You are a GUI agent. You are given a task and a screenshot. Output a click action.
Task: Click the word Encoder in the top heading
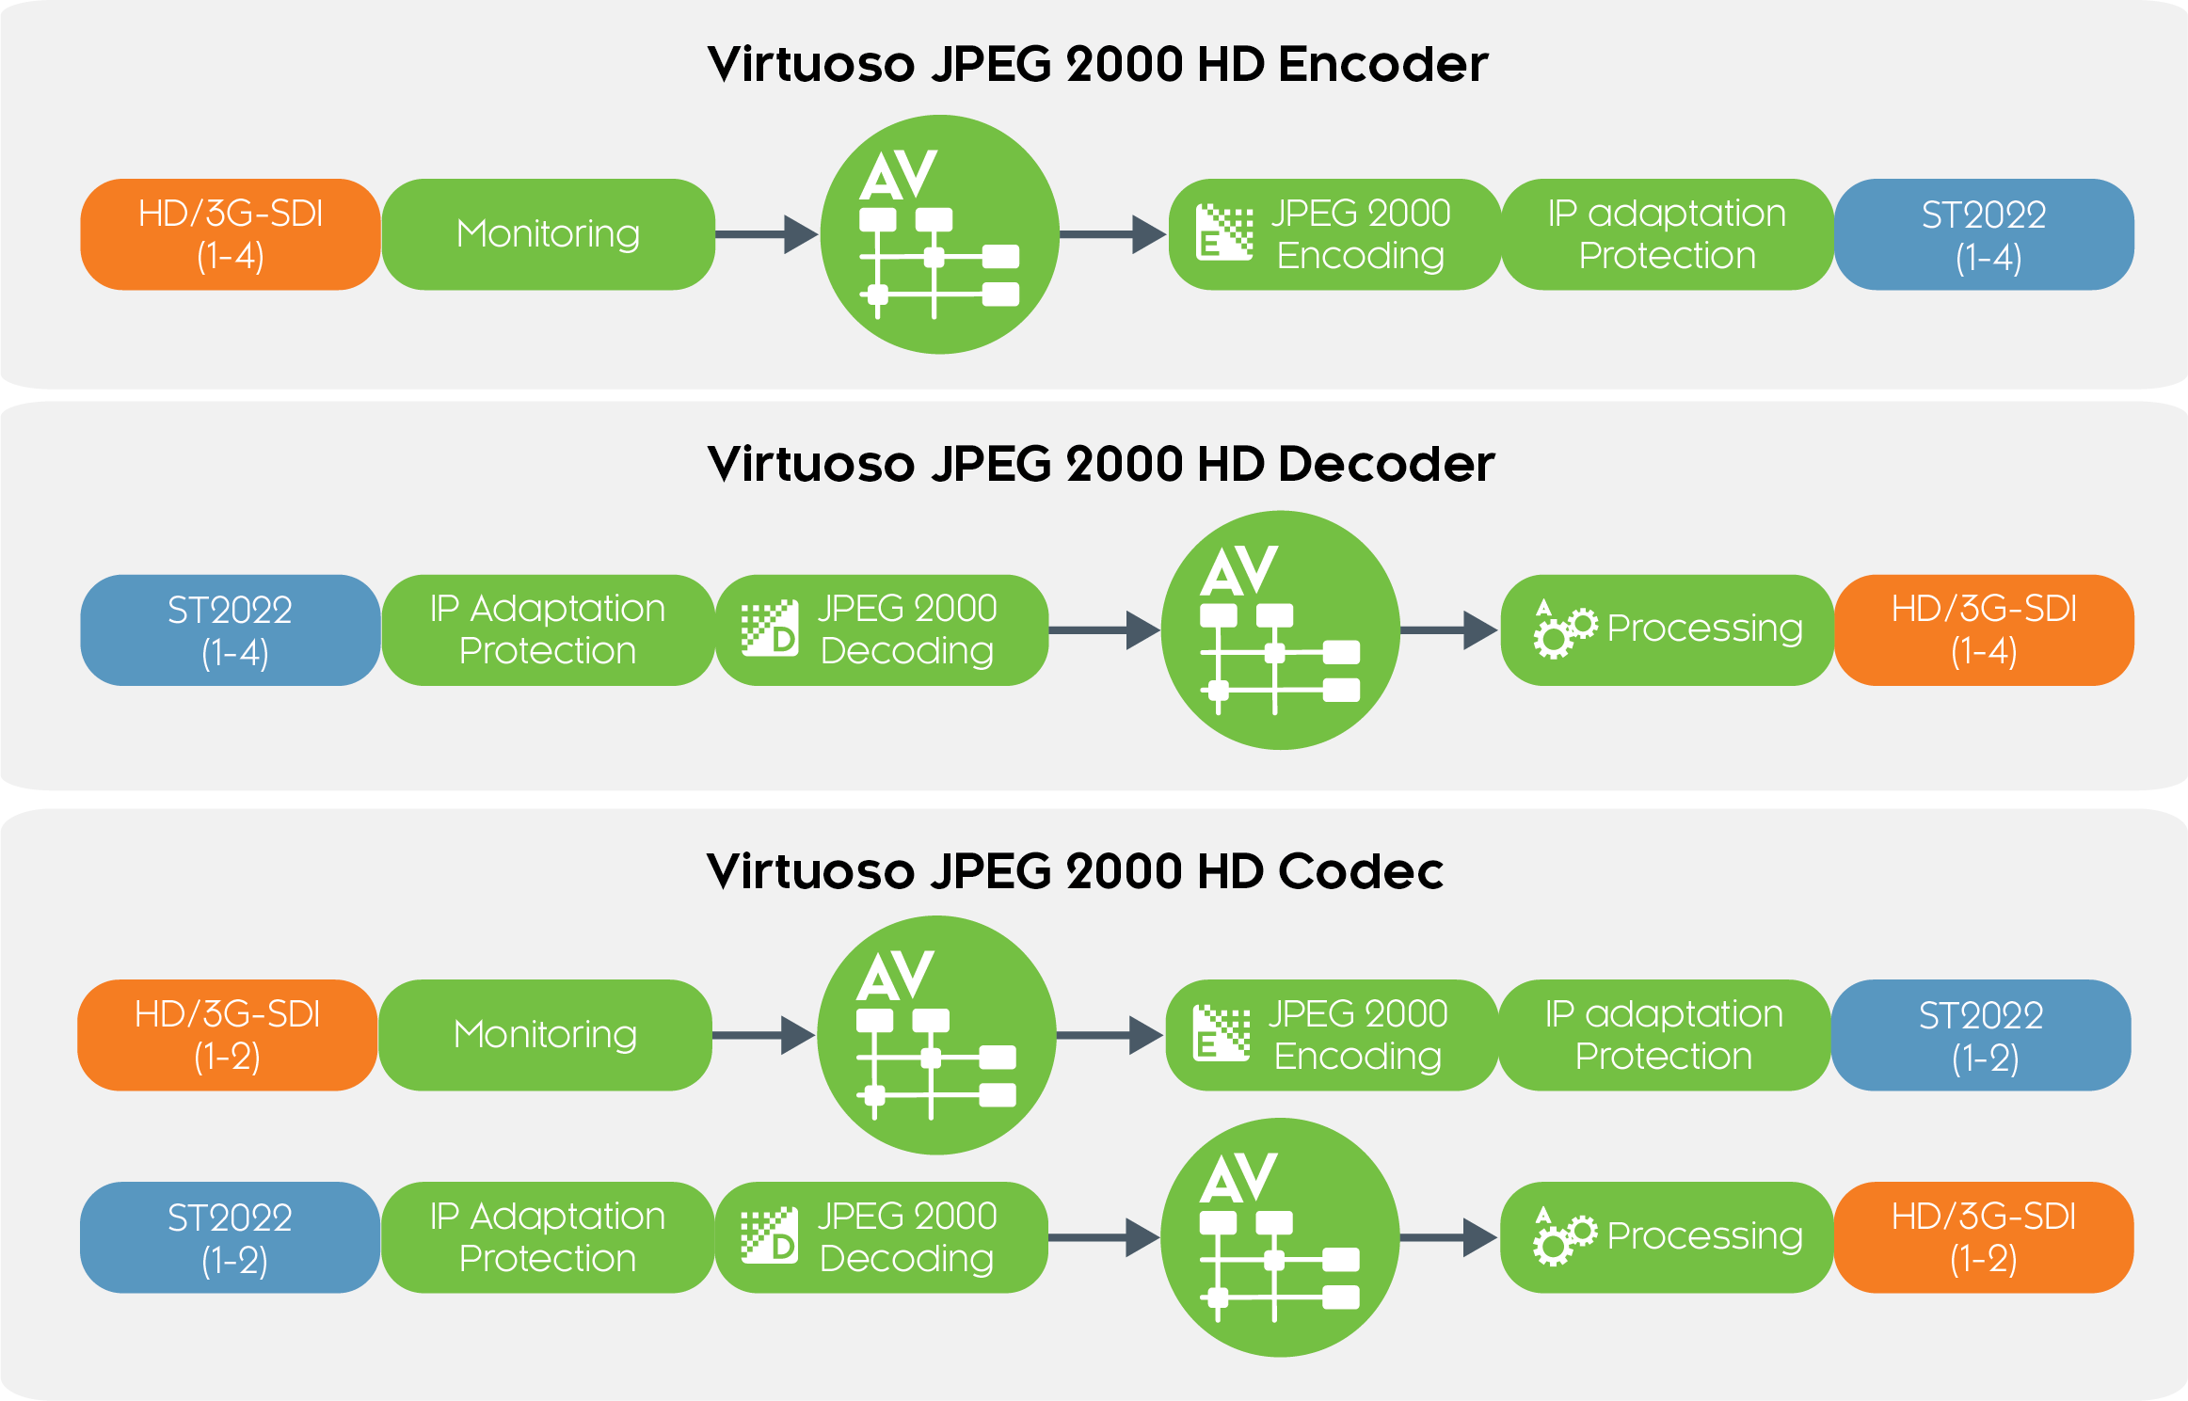click(x=1382, y=64)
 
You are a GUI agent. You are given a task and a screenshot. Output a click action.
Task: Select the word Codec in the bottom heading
click(x=1360, y=870)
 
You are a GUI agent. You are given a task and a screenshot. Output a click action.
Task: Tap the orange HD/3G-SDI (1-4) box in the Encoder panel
click(x=231, y=234)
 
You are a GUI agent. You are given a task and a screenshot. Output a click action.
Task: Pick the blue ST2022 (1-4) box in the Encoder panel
click(x=1984, y=234)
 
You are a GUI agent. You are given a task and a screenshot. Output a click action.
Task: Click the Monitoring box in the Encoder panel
click(x=548, y=234)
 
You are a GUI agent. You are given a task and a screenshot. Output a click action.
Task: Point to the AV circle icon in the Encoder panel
click(x=939, y=234)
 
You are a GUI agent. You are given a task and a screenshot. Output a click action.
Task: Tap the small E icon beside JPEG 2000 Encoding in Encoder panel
click(x=1223, y=232)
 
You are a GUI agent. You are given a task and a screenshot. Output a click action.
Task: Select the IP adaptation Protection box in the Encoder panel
click(x=1667, y=234)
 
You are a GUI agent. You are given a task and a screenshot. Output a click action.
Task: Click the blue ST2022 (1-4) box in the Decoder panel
click(x=231, y=630)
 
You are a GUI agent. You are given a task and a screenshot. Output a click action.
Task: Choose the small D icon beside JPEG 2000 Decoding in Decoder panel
click(x=770, y=629)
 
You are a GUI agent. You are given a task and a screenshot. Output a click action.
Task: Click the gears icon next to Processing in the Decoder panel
click(x=1564, y=629)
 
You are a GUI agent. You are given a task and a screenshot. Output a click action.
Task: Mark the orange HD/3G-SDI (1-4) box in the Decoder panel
click(x=1984, y=630)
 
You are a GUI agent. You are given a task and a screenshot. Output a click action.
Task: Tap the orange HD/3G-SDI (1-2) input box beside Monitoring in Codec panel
click(x=228, y=1035)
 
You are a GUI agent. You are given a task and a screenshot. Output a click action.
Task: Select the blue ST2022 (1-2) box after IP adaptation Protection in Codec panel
click(x=1981, y=1035)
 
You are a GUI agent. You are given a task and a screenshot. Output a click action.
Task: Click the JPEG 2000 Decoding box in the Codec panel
click(x=882, y=1237)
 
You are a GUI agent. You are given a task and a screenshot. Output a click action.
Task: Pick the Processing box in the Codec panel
click(x=1667, y=1237)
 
